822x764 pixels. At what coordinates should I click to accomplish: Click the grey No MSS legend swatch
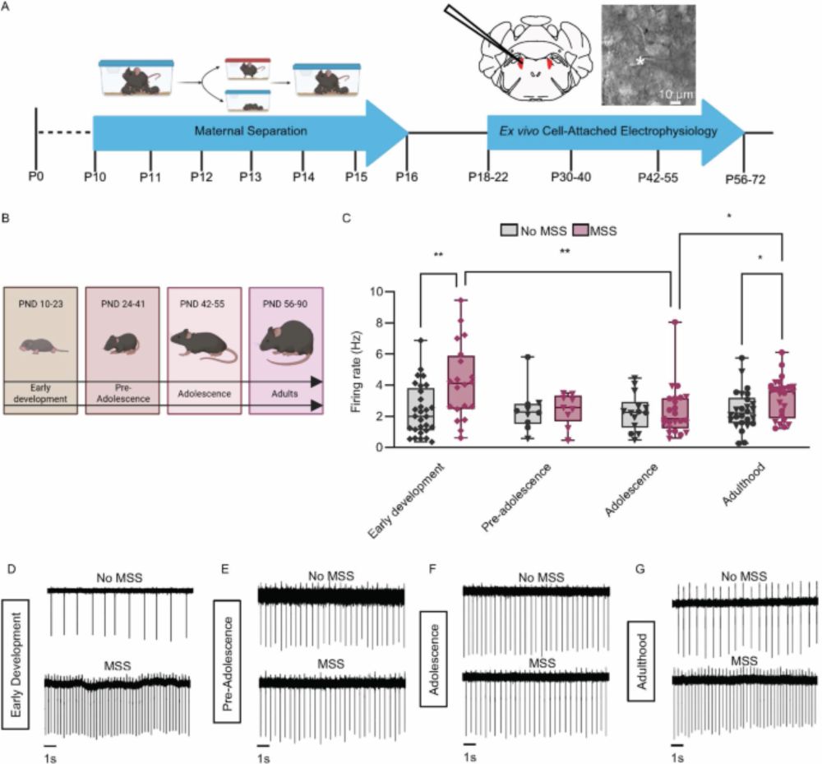[508, 230]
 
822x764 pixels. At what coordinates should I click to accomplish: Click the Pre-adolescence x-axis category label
[516, 493]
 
